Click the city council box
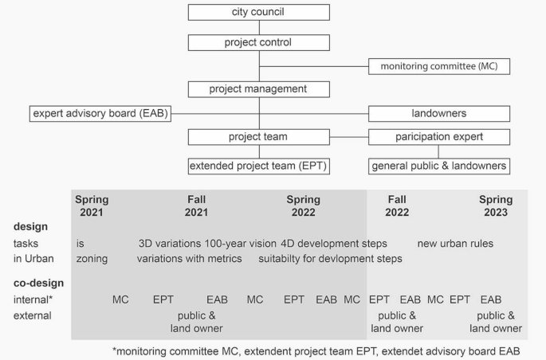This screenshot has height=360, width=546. coord(259,12)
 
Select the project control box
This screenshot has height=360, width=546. coord(259,42)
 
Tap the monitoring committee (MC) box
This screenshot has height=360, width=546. coord(438,65)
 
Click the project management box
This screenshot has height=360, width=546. coord(259,88)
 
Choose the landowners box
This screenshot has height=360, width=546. coord(438,113)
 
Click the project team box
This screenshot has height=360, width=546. coord(259,136)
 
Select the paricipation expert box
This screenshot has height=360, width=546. coord(438,136)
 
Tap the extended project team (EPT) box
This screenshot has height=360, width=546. coord(259,166)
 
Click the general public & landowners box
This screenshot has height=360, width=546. coord(438,166)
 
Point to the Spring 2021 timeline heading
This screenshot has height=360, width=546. coord(92,205)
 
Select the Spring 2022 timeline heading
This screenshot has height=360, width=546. coord(303,205)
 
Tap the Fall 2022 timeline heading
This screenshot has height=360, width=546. coord(397,205)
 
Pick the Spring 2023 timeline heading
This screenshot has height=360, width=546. coord(495,205)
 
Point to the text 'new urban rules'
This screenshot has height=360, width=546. coord(455,243)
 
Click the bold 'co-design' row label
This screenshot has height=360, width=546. coord(38,283)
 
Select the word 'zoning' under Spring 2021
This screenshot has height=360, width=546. coord(92,258)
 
